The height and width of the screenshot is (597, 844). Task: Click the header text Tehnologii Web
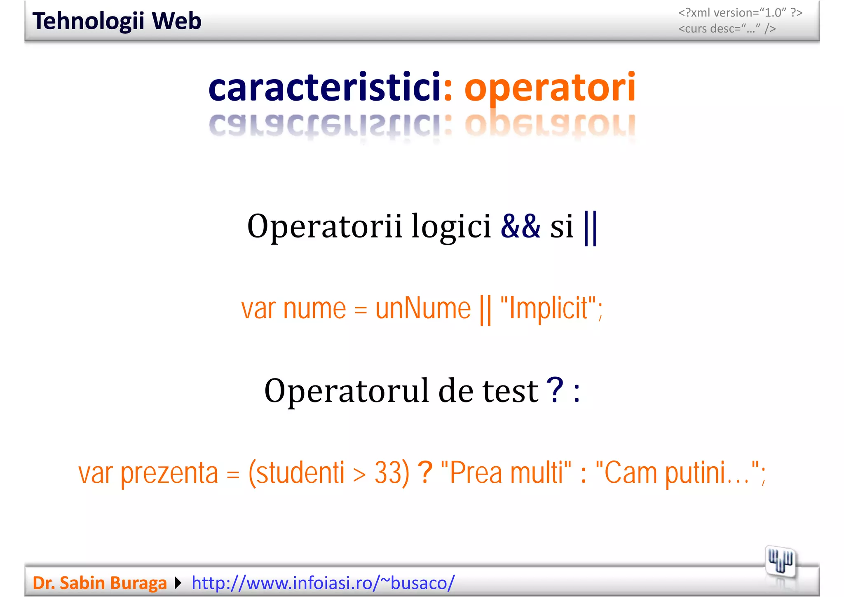117,21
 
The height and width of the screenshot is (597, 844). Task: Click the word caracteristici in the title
325,87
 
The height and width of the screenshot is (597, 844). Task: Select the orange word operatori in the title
550,88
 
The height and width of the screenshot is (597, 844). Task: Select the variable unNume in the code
423,308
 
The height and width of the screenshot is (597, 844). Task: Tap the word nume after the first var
314,308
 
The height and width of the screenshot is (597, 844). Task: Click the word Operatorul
346,391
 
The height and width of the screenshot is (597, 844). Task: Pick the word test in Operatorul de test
510,391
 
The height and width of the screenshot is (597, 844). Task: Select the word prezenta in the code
169,473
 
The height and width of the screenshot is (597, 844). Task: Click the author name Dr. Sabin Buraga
99,583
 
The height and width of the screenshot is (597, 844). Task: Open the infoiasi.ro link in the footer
323,583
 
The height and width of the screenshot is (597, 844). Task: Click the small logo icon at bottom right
780,562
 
